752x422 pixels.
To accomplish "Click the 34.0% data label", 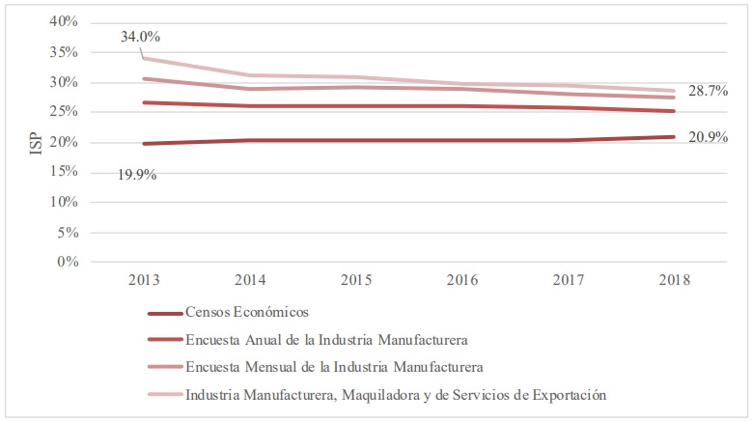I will (x=140, y=38).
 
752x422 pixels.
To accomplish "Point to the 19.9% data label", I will (x=138, y=175).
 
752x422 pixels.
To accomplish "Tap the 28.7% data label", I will (x=707, y=91).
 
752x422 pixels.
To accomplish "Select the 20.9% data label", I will (x=707, y=137).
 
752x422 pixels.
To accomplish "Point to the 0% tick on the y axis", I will (x=66, y=262).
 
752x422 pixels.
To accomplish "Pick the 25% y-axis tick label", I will (x=62, y=112).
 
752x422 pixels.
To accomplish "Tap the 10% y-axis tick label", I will (x=62, y=202).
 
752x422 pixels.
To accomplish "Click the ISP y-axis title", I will (x=36, y=142).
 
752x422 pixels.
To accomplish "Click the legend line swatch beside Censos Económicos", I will (x=164, y=314).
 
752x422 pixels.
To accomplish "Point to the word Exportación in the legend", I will (x=567, y=394).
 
